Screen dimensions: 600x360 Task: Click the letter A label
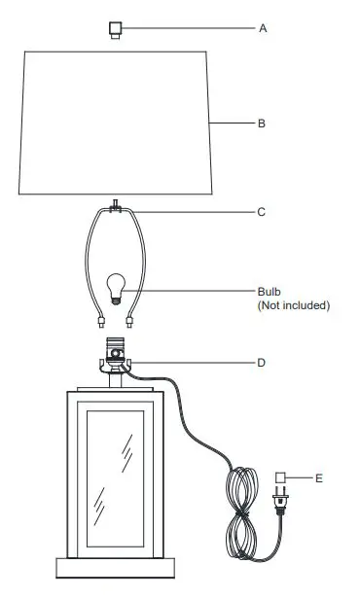tap(263, 29)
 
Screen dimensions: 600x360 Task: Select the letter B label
tap(262, 124)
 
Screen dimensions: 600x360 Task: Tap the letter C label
tap(262, 211)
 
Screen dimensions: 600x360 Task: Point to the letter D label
tap(262, 363)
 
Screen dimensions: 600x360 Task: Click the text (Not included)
tap(293, 305)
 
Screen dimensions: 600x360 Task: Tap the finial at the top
tap(115, 30)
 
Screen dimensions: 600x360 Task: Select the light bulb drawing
tap(116, 289)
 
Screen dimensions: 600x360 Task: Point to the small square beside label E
tap(281, 477)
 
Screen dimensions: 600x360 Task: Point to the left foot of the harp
tap(101, 324)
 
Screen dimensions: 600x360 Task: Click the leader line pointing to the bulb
tap(190, 289)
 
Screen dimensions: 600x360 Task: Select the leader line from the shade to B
tap(234, 124)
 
